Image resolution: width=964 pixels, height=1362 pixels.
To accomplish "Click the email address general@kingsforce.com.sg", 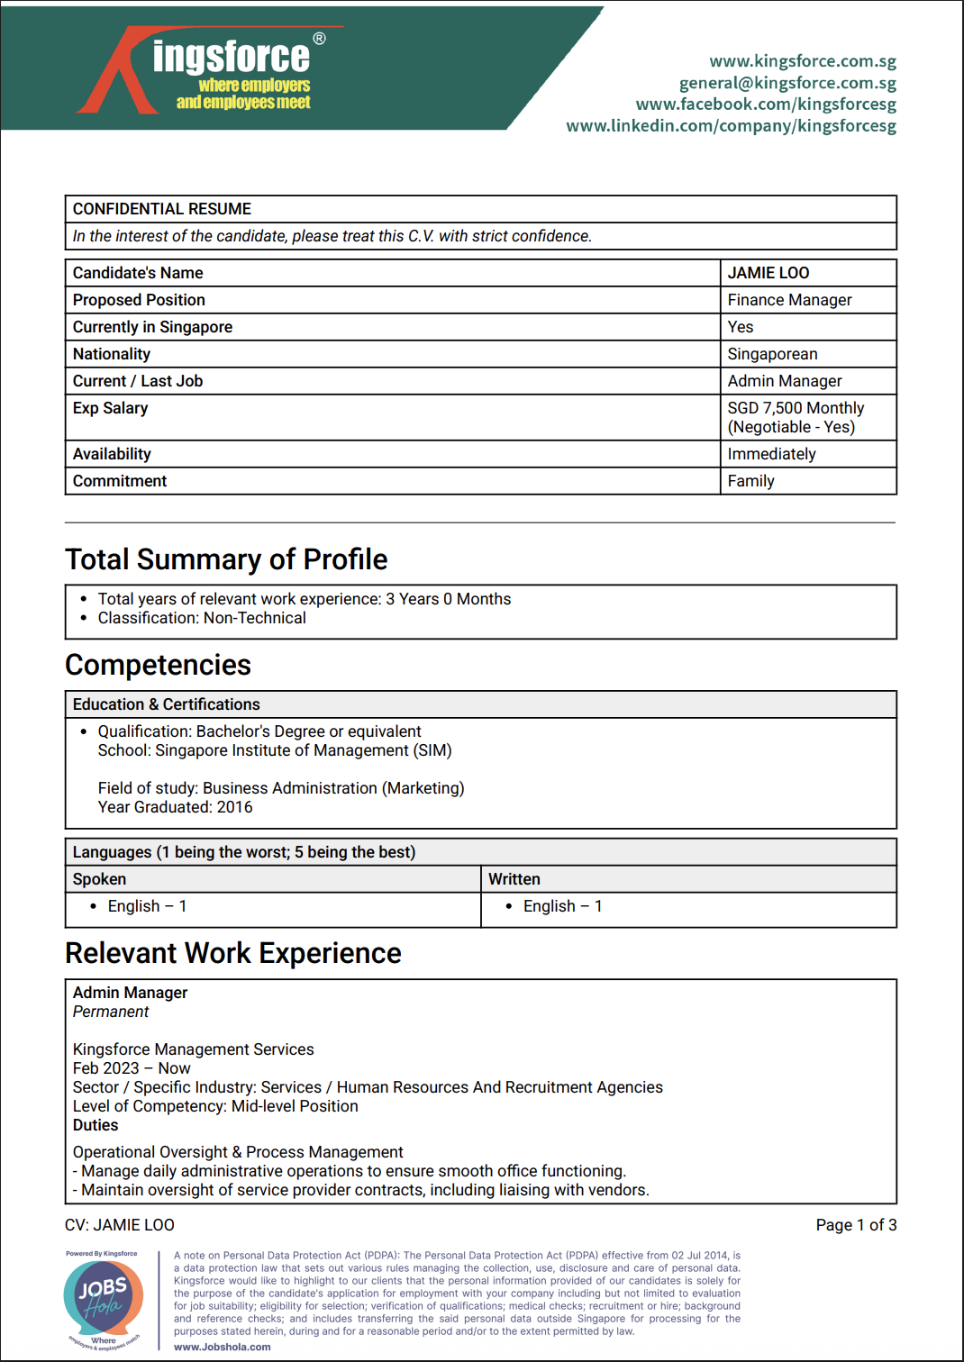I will tap(787, 83).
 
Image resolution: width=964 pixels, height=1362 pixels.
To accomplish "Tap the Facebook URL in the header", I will tap(766, 104).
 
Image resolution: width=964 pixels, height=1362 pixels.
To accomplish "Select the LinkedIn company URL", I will tap(731, 125).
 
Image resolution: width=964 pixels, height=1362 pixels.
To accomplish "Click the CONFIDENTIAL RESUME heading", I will tap(162, 209).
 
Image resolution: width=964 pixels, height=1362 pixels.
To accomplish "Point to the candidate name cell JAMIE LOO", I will tap(768, 273).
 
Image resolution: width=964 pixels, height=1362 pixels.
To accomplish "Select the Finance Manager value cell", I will tap(789, 300).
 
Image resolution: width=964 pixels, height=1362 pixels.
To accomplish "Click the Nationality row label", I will tap(112, 354).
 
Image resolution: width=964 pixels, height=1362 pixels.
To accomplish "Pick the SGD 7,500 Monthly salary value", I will tap(796, 408).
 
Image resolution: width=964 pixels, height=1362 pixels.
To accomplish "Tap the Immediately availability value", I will tap(771, 454).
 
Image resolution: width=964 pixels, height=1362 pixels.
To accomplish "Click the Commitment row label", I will tap(120, 481).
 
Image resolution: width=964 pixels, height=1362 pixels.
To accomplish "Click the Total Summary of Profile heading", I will tap(226, 559).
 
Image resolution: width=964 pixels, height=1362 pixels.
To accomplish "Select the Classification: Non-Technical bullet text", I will tap(202, 618).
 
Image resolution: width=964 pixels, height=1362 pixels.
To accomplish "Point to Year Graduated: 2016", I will tap(175, 807).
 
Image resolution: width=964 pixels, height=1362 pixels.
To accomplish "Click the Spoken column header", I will tap(99, 879).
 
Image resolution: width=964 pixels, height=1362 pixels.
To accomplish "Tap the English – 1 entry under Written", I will tap(562, 906).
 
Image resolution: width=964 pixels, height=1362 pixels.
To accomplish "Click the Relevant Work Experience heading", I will tap(233, 953).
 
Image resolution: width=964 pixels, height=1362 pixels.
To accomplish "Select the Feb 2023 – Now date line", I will tap(132, 1068).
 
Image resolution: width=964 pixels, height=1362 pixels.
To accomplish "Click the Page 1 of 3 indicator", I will tap(856, 1225).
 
